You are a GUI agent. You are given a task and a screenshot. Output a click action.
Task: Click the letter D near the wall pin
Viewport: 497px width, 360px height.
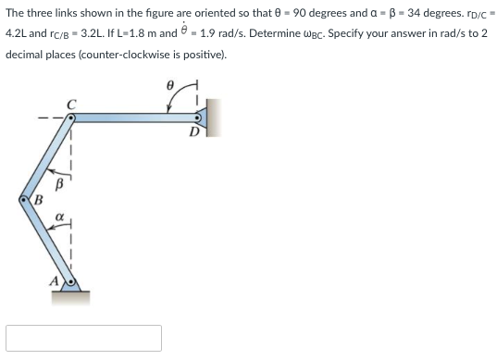coord(193,131)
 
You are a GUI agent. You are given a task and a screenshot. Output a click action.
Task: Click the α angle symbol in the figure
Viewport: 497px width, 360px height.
coord(57,218)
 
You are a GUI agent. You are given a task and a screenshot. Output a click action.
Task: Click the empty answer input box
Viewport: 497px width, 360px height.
coord(83,338)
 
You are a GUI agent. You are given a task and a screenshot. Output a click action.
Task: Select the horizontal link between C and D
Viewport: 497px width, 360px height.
coord(130,117)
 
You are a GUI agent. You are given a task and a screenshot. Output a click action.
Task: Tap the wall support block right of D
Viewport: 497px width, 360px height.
coord(210,117)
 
